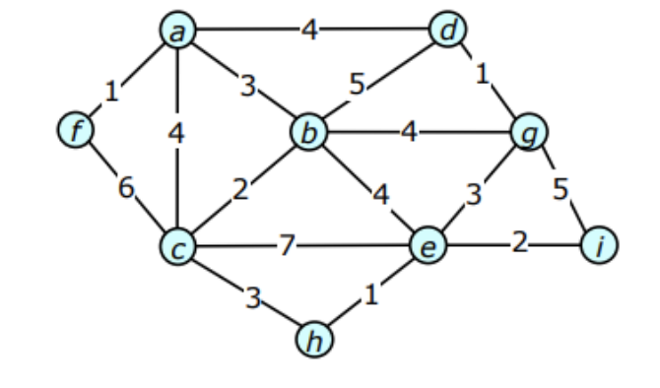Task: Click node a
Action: pyautogui.click(x=178, y=32)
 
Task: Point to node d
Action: pyautogui.click(x=448, y=32)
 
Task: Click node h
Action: pyautogui.click(x=313, y=341)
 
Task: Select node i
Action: pyautogui.click(x=598, y=244)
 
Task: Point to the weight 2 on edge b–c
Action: pyautogui.click(x=241, y=190)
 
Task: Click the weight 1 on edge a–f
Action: pyautogui.click(x=111, y=93)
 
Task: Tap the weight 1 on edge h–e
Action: pyautogui.click(x=370, y=293)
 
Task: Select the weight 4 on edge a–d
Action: pyautogui.click(x=309, y=31)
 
